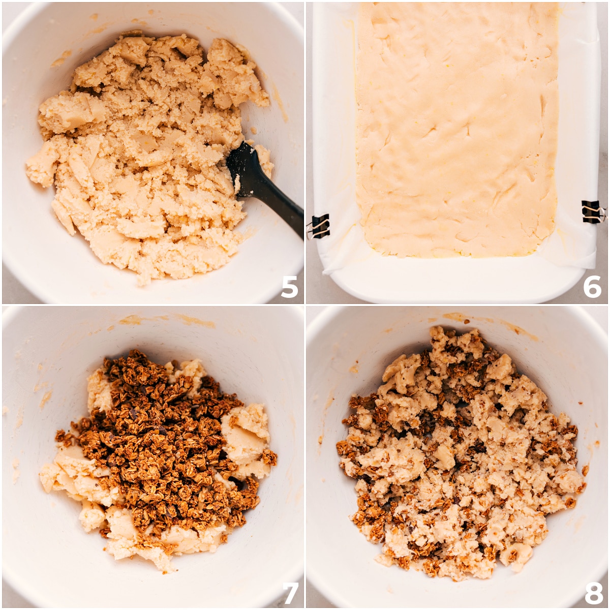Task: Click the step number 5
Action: click(289, 287)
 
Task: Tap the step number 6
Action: click(592, 287)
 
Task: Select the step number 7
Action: click(290, 592)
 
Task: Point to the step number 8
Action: click(593, 592)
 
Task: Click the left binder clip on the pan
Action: click(319, 226)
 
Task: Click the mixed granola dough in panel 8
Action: click(457, 457)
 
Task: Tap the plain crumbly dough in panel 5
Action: click(142, 152)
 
